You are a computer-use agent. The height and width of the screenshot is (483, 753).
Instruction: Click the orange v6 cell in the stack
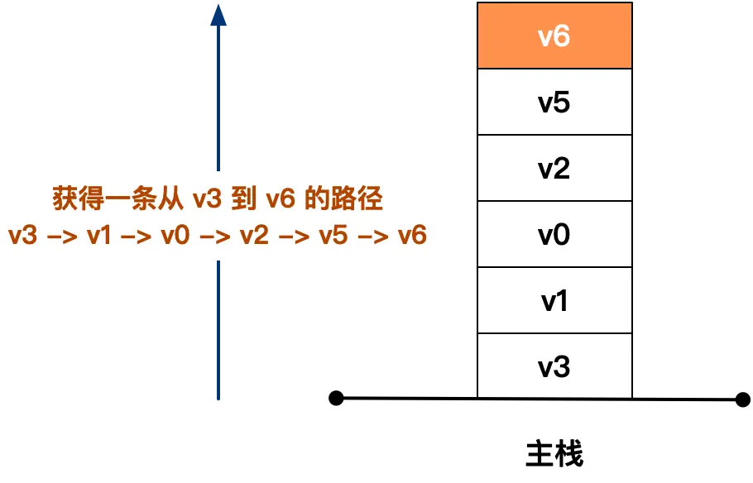coord(554,36)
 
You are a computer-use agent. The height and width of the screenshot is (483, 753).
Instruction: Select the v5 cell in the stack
coord(554,103)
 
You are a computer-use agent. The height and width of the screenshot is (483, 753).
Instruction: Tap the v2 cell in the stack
coord(554,169)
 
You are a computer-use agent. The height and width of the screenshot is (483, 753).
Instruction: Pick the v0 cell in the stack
coord(554,235)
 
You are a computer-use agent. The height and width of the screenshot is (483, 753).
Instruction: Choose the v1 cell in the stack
coord(554,301)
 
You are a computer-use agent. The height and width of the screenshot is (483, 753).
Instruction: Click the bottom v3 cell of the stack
coord(554,366)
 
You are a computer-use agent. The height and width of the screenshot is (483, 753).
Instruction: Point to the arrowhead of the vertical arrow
coord(218,14)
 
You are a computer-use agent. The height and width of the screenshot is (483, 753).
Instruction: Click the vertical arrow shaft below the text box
coord(218,331)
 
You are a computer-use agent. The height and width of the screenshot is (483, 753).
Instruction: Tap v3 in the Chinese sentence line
coord(208,200)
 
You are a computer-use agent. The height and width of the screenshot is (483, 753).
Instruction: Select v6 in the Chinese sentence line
coord(278,200)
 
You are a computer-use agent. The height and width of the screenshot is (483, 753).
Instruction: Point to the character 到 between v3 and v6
coord(243,200)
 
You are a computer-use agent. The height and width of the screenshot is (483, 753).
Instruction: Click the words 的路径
coord(342,200)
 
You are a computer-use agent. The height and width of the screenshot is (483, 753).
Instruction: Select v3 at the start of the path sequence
coord(22,236)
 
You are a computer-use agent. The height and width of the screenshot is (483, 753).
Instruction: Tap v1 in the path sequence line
coord(98,236)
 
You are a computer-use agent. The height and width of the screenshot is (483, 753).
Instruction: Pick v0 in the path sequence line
coord(175,236)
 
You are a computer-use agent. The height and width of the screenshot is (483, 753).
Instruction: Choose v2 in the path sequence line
coord(254,236)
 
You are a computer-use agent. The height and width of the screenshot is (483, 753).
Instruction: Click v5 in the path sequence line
coord(333,236)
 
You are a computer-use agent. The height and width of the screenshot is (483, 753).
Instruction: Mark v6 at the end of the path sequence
coord(411,236)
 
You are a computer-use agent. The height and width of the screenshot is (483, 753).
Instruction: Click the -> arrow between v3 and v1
coord(60,237)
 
